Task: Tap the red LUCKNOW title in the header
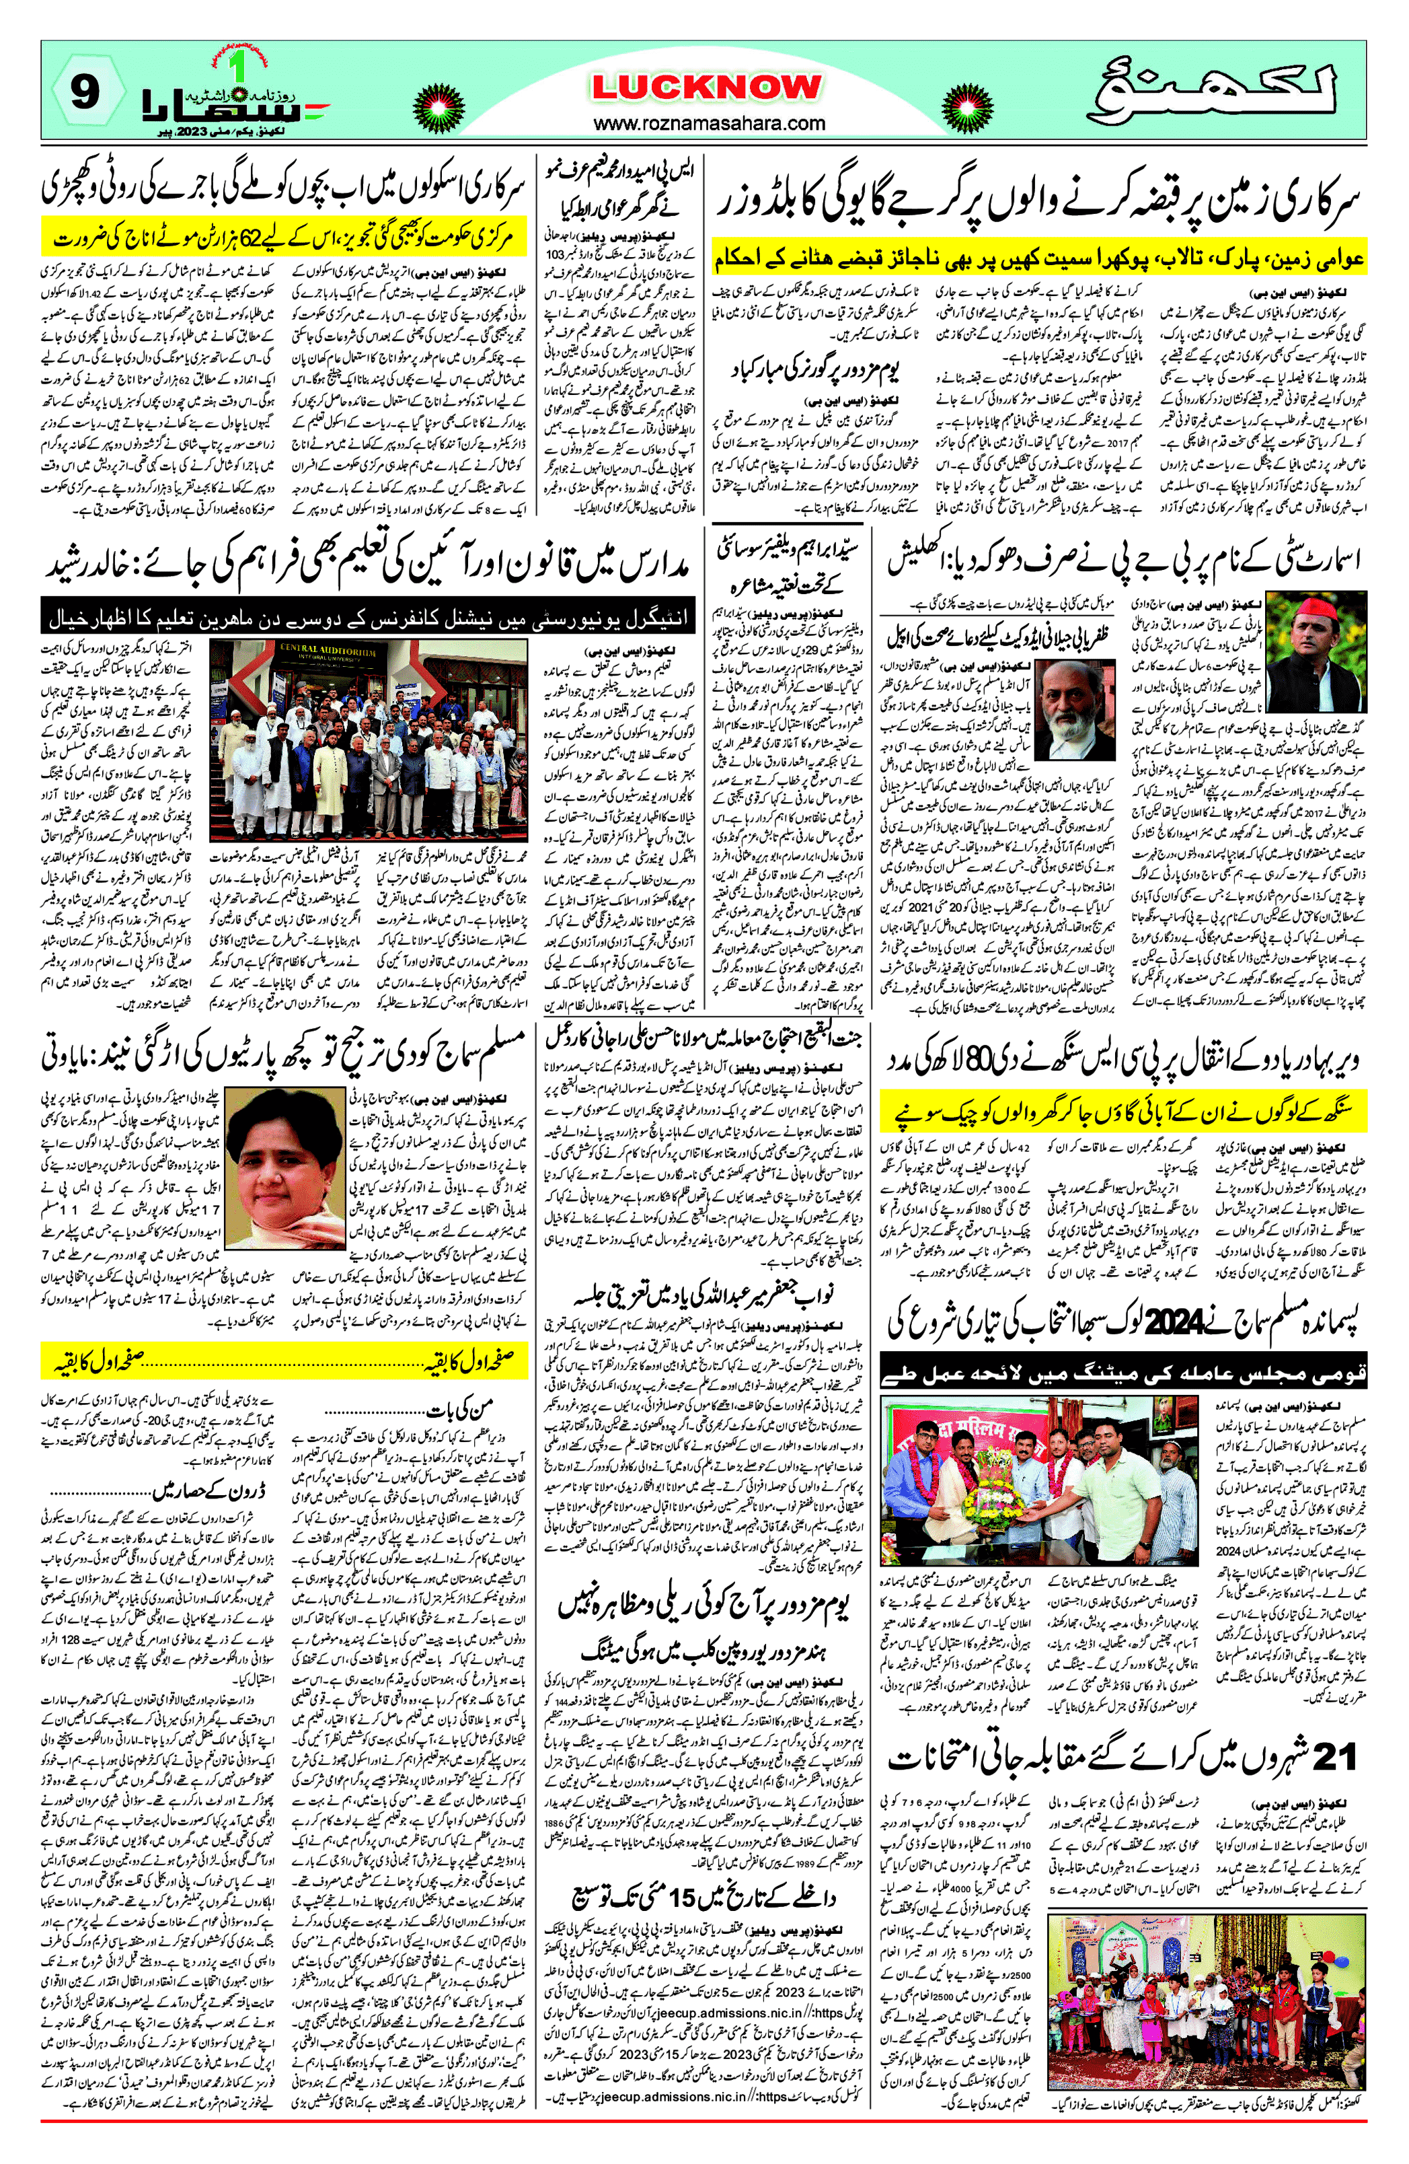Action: (x=706, y=87)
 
